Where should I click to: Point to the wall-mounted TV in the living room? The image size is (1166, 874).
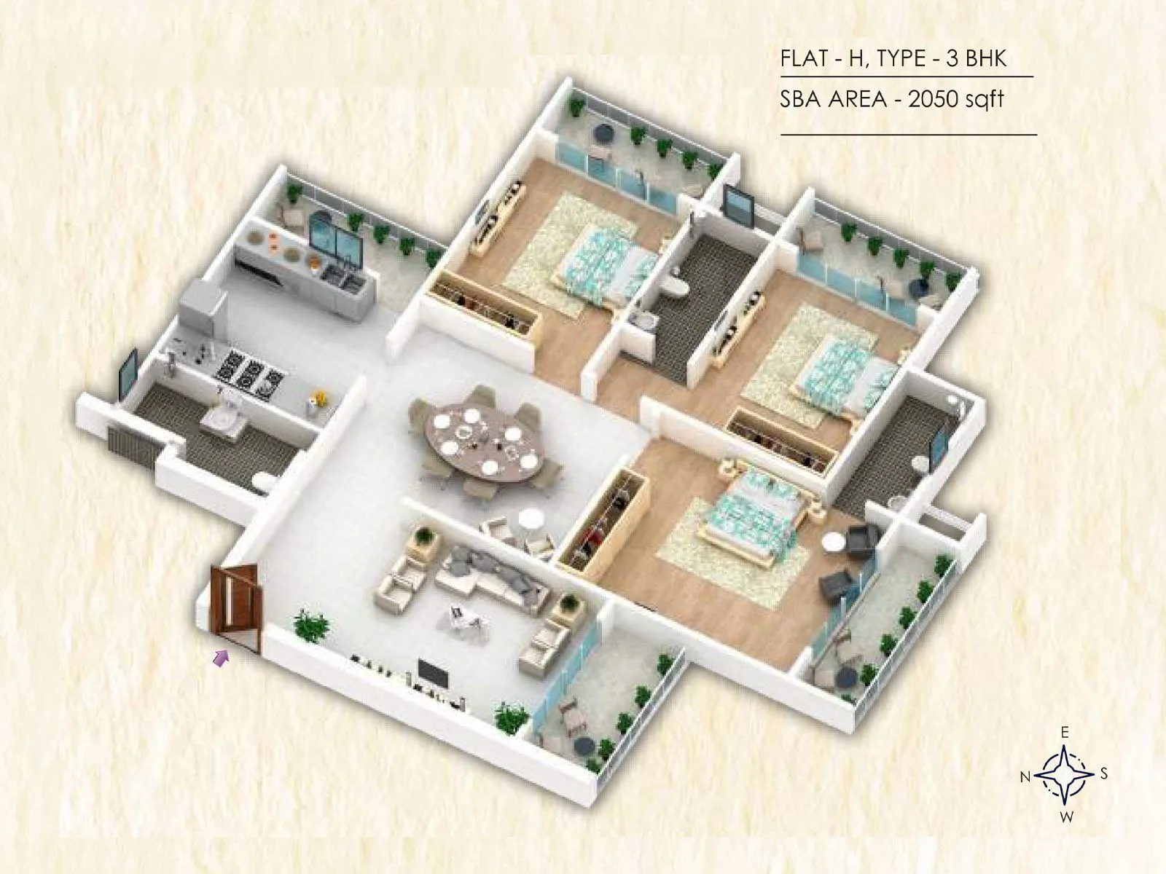433,673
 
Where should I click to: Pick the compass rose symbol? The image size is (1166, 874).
1064,774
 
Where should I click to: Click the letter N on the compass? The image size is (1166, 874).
1025,778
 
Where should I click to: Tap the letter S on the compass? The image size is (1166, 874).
1103,773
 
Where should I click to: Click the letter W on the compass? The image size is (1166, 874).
1066,817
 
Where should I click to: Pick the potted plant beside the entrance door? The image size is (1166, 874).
311,626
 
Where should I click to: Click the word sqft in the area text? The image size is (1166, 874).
985,99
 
